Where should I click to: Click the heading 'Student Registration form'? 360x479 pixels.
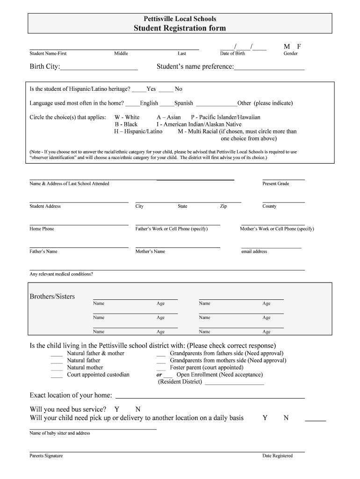point(180,28)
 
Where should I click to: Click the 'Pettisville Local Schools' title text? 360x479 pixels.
point(180,19)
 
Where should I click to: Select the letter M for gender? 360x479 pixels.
point(287,46)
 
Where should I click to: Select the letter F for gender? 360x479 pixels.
point(299,46)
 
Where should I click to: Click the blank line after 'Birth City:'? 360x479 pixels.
point(99,67)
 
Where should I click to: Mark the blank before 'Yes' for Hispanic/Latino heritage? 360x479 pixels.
point(139,89)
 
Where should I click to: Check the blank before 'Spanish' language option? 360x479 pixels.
point(167,103)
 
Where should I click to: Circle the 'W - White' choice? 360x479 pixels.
point(127,117)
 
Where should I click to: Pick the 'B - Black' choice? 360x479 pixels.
point(126,124)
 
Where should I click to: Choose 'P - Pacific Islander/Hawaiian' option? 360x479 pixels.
point(225,117)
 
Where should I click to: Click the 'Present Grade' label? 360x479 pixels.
point(275,184)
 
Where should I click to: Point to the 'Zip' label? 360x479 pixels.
point(223,206)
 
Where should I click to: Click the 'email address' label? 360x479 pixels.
point(254,252)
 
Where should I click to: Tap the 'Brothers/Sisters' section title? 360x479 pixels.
point(52,297)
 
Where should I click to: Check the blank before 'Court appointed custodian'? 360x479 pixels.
point(57,375)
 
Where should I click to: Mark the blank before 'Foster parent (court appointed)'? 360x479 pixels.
point(161,368)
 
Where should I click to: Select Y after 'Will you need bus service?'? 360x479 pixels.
point(116,409)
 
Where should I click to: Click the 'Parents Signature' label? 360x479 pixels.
point(46,456)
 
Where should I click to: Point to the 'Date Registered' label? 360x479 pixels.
point(277,456)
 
